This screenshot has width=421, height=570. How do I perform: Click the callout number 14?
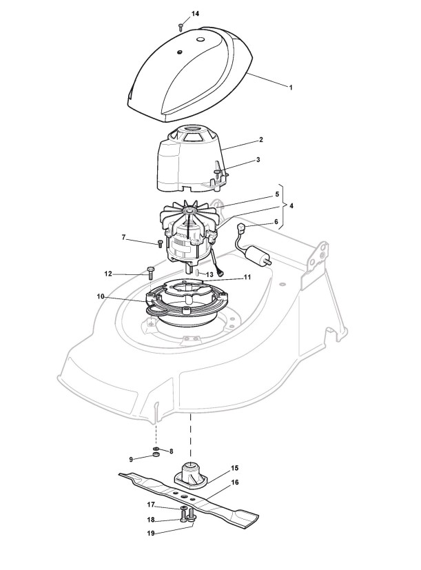tap(195, 14)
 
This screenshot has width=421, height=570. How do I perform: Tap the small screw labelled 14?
tap(180, 26)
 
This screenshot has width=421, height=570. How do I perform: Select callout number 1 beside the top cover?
tap(291, 88)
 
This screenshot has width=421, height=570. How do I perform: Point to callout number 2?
tap(242, 140)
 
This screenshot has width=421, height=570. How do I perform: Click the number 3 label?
tap(238, 160)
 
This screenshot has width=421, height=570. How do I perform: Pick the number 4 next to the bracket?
tap(292, 206)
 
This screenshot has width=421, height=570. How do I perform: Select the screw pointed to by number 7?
tap(161, 243)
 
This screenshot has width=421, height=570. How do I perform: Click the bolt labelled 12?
tap(150, 273)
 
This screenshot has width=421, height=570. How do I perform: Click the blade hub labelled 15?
tap(190, 476)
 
